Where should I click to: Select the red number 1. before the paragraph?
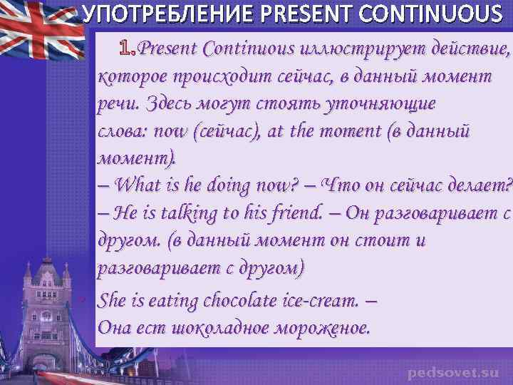point(128,48)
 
